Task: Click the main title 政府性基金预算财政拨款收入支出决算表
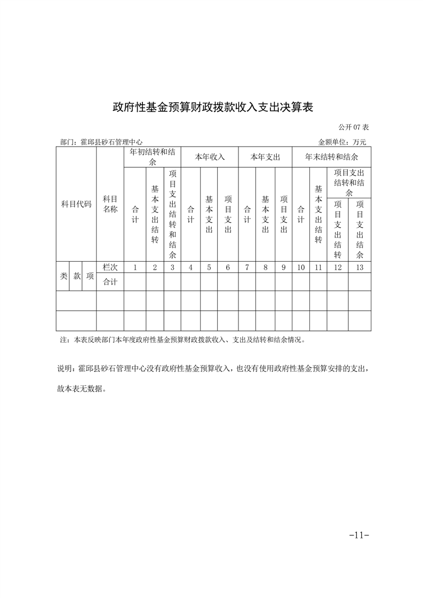[x=212, y=107]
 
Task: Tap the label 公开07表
[x=354, y=128]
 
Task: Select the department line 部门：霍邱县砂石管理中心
[x=101, y=142]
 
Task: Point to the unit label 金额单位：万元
[x=342, y=142]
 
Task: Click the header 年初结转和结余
[x=152, y=157]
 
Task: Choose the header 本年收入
[x=210, y=157]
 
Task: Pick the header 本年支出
[x=265, y=157]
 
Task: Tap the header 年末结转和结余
[x=331, y=157]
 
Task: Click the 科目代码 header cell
[x=76, y=204]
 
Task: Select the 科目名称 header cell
[x=110, y=204]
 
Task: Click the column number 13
[x=360, y=268]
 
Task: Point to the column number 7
[x=247, y=268]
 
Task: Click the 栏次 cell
[x=110, y=268]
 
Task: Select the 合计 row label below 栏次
[x=110, y=282]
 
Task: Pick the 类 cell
[x=63, y=276]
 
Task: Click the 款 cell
[x=77, y=276]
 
